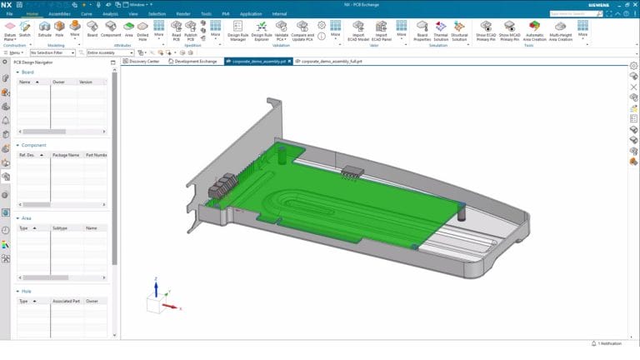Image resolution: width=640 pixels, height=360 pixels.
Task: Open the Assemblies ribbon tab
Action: click(x=59, y=14)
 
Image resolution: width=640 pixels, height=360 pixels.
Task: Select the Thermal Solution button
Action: click(x=440, y=29)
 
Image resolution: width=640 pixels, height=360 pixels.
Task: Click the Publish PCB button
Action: click(x=191, y=29)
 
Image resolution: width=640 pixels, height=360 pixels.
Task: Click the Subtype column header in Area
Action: click(x=60, y=227)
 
